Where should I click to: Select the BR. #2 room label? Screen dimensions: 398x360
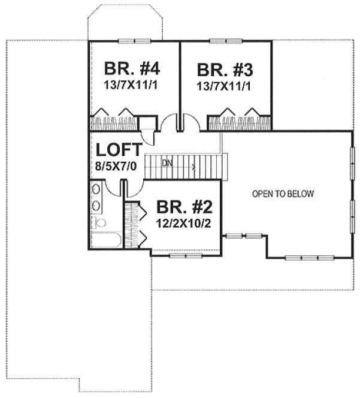(x=184, y=207)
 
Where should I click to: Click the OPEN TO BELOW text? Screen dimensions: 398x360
(x=283, y=194)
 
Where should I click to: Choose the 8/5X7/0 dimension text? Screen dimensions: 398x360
(x=117, y=165)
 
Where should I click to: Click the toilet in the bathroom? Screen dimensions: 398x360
(x=99, y=223)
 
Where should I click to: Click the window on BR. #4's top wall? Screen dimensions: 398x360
(x=134, y=41)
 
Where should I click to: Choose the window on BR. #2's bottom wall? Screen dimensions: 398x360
(x=186, y=256)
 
